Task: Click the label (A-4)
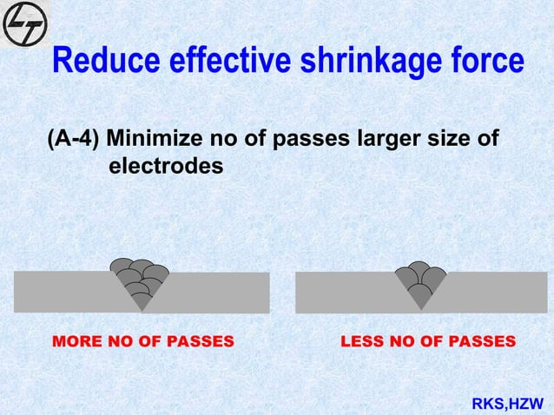72,139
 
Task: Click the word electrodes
165,164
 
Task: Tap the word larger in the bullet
386,139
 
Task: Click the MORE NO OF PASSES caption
144,341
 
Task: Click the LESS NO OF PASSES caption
428,341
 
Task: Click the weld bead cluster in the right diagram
420,280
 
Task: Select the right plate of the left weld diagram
217,292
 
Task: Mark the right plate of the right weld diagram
495,292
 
